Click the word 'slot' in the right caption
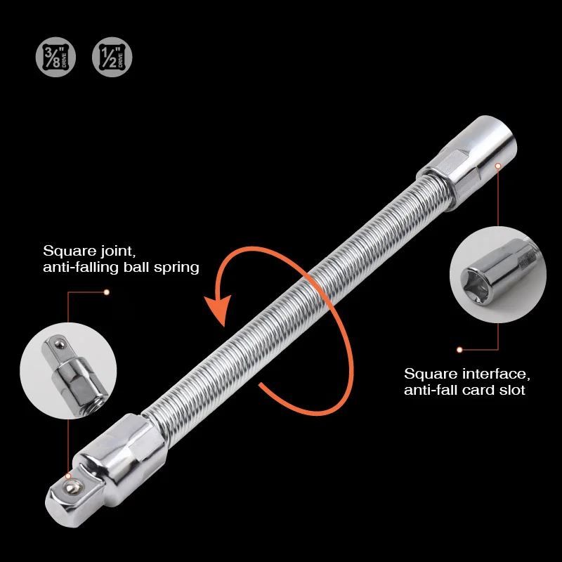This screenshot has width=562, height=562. pos(511,389)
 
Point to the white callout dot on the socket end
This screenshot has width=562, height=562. pos(497,166)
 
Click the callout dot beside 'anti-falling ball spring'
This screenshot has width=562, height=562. pos(106,292)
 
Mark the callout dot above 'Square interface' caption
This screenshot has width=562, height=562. pos(459,349)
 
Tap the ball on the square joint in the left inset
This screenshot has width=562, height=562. pos(54,344)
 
